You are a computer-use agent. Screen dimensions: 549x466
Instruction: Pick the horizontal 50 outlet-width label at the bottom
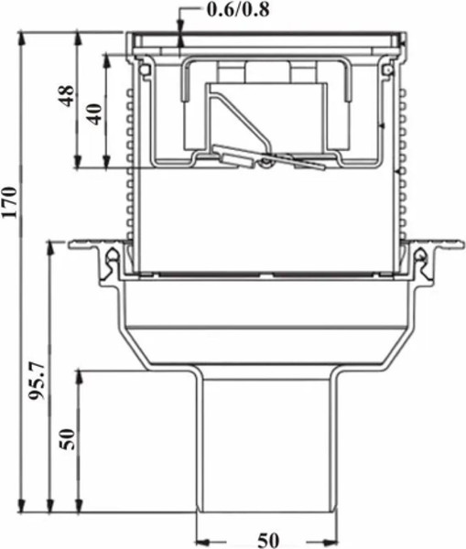[267, 540]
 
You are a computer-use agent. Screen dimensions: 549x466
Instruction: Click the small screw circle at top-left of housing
[143, 67]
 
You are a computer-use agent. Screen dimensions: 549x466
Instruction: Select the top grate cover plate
[266, 40]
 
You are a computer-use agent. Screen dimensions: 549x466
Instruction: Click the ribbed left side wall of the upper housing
[131, 165]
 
